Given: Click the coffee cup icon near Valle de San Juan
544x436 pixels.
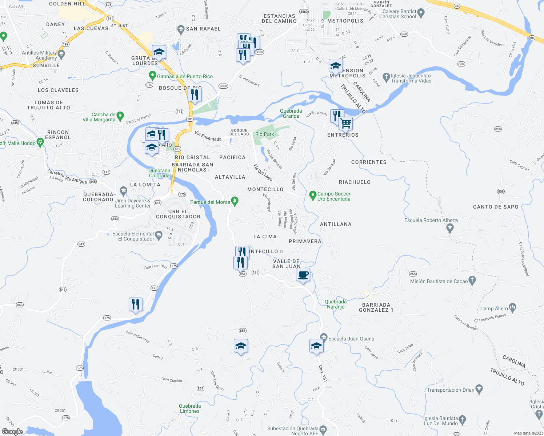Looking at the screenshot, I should coord(303,275).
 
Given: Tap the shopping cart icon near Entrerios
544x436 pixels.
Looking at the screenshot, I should coord(345,123).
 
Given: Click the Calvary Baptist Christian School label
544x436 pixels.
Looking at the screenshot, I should coord(397,14).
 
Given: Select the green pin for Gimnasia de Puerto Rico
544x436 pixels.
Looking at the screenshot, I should coord(152,76).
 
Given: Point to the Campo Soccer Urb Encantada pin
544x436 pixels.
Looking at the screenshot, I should coord(312,195).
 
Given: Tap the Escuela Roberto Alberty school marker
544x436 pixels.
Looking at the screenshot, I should coord(450,228).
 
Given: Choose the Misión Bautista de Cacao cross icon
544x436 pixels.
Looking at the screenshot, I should coord(472,280).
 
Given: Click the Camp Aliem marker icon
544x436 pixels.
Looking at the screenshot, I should coord(512,308).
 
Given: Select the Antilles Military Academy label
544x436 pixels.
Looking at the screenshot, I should coord(39,55).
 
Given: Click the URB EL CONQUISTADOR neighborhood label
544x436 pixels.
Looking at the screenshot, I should coord(178,214).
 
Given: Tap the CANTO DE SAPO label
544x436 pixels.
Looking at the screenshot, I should coord(496,207).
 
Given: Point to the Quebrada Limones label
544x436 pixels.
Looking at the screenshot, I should coord(190,408).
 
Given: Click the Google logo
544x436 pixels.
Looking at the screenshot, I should coord(12,431).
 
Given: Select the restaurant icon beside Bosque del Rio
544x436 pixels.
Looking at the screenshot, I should coord(195,94).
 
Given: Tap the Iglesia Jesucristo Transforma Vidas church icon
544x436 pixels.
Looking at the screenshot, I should coord(386,77).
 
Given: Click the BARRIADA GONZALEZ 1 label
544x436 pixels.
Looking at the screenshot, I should coord(376,307).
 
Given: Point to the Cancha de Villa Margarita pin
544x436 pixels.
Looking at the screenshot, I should coord(120,116).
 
